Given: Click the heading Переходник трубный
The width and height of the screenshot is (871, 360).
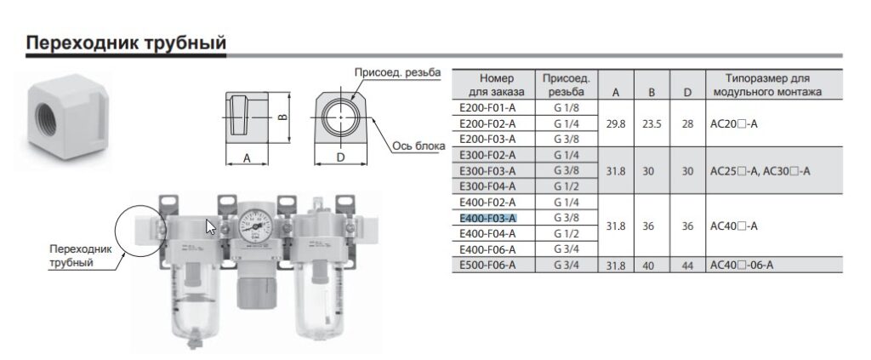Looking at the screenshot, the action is tap(126, 43).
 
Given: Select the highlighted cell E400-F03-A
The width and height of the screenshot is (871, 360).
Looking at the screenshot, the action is tap(488, 218).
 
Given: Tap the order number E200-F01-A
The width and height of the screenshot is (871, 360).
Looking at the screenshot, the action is tap(487, 108).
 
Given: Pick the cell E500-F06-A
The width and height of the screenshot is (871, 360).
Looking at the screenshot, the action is tap(487, 265).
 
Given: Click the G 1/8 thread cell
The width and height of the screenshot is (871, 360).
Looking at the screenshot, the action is tap(566, 108).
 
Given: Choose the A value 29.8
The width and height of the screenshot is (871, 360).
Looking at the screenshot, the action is tap(616, 124).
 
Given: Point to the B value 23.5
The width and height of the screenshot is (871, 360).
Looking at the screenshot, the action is tap(652, 124).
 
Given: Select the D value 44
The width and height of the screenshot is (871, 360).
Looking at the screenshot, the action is tap(687, 266).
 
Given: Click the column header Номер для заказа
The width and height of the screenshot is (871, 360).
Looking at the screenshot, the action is tap(497, 85).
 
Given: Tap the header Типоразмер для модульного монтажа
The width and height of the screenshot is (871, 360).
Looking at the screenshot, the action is tap(767, 85).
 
